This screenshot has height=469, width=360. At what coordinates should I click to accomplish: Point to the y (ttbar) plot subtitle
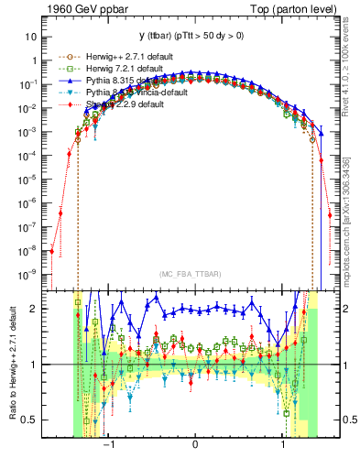[x=194, y=27]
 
